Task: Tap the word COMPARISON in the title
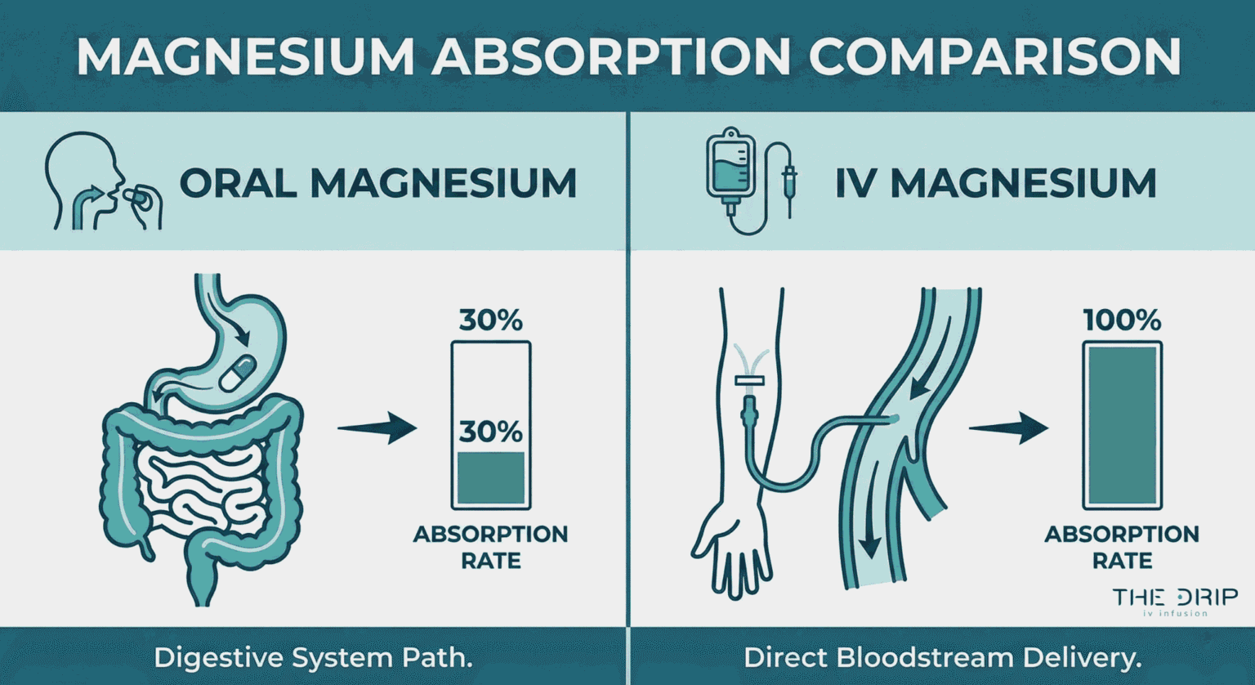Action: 995,56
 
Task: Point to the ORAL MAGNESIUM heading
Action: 378,183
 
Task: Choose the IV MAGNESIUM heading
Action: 995,183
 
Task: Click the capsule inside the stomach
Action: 238,373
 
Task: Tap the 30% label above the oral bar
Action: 490,320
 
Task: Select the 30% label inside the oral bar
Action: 490,431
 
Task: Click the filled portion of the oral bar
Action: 490,477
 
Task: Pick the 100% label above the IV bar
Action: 1122,320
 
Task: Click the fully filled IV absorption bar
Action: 1122,425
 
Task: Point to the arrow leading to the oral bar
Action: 377,428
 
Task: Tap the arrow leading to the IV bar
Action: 1008,428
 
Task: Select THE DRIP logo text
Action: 1175,598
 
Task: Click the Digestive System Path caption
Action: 313,657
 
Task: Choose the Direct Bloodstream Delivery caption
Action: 942,657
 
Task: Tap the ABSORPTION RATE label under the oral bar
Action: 490,547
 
